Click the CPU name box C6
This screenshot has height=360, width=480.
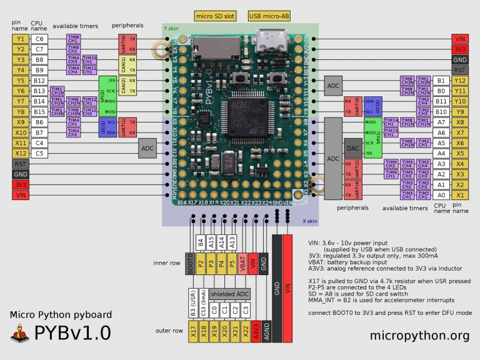click(x=39, y=39)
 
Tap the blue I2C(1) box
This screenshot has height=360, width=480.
click(x=102, y=127)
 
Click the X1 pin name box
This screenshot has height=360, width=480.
click(x=460, y=195)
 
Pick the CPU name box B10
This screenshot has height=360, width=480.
click(x=441, y=112)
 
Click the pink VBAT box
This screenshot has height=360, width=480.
click(x=242, y=263)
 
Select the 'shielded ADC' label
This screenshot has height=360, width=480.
click(x=229, y=293)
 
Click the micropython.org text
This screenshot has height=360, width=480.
click(x=419, y=336)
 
